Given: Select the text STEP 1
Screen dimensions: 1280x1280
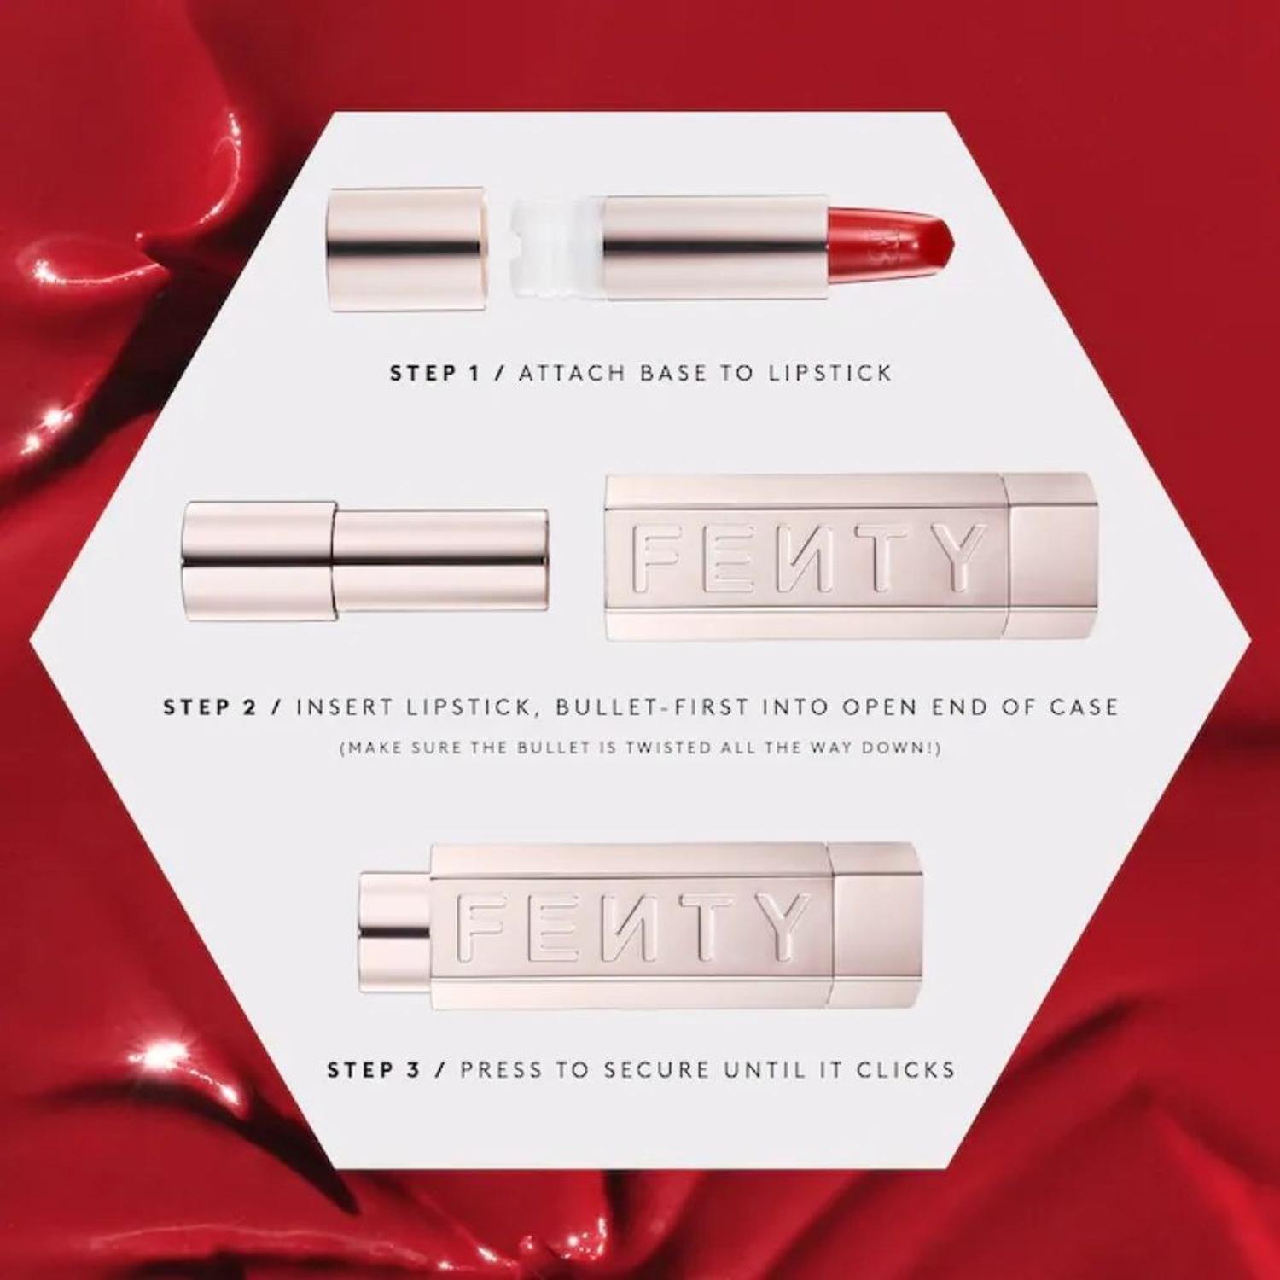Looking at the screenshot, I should pyautogui.click(x=435, y=373).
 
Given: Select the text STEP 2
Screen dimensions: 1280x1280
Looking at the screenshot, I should pyautogui.click(x=209, y=707).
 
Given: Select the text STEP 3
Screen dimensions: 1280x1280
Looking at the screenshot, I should pyautogui.click(x=374, y=1070).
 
